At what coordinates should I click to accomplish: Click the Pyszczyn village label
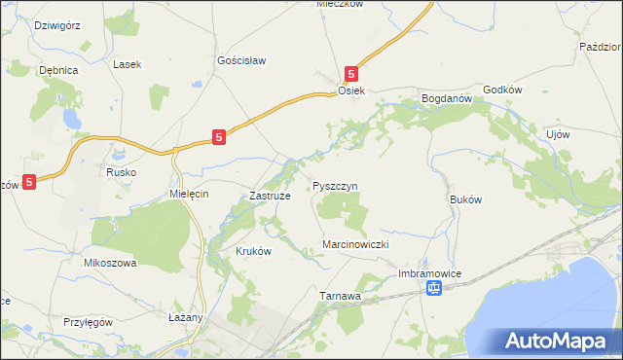click(336, 185)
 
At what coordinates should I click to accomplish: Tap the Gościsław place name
click(241, 60)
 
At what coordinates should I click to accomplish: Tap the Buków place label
click(466, 198)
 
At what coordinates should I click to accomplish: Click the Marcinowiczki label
click(355, 245)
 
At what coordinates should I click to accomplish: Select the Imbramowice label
click(429, 273)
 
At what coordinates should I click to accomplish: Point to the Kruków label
click(253, 250)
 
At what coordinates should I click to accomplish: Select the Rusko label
click(121, 172)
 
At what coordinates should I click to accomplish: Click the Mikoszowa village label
click(110, 263)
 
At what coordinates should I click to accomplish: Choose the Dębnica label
click(57, 71)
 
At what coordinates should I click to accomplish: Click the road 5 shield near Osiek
click(351, 73)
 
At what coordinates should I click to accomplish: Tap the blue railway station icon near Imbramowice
click(436, 288)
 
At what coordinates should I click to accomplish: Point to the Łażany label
click(183, 317)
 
